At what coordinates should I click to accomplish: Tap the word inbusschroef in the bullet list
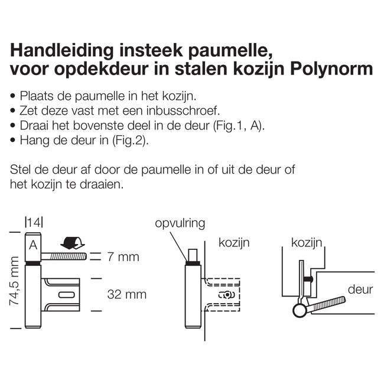tap(192, 110)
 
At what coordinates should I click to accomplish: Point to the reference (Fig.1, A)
tap(245, 126)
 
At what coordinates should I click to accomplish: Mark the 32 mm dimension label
tap(126, 294)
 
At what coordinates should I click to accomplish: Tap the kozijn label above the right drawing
tap(306, 242)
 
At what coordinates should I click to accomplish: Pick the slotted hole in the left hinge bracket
tap(66, 294)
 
